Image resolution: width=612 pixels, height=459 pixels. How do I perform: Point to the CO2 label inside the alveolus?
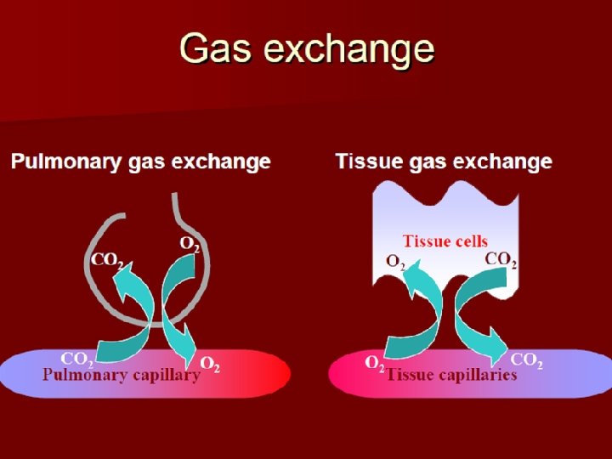coord(108,259)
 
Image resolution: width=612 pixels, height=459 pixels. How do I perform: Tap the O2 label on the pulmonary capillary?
coord(210,365)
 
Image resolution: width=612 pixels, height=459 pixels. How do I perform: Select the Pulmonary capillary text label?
coord(122,374)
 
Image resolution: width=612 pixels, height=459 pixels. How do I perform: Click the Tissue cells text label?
coord(445,241)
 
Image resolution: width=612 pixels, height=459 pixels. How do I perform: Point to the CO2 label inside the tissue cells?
coord(501,259)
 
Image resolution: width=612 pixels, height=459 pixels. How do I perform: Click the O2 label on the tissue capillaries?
coord(375,364)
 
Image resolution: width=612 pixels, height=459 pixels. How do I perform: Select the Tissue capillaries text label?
coord(451,374)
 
